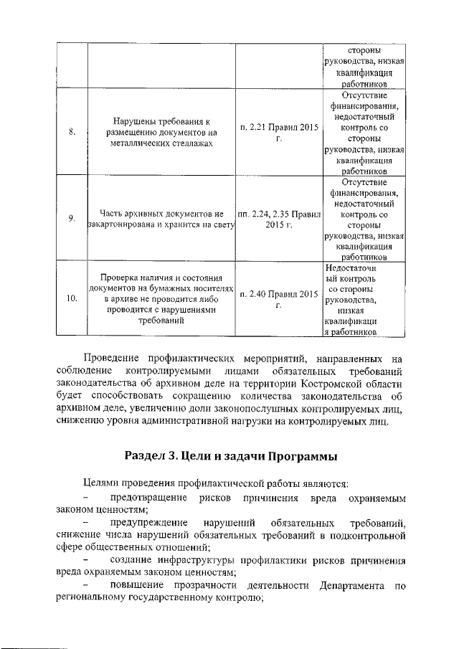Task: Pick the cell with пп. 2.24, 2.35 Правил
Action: [278, 219]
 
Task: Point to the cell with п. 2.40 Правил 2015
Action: [278, 300]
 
